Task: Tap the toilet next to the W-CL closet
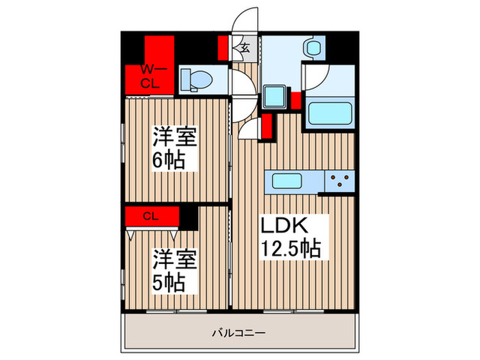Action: pos(196,79)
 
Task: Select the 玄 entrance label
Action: pos(244,48)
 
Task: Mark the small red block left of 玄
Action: pos(224,48)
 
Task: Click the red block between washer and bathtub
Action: pos(296,99)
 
